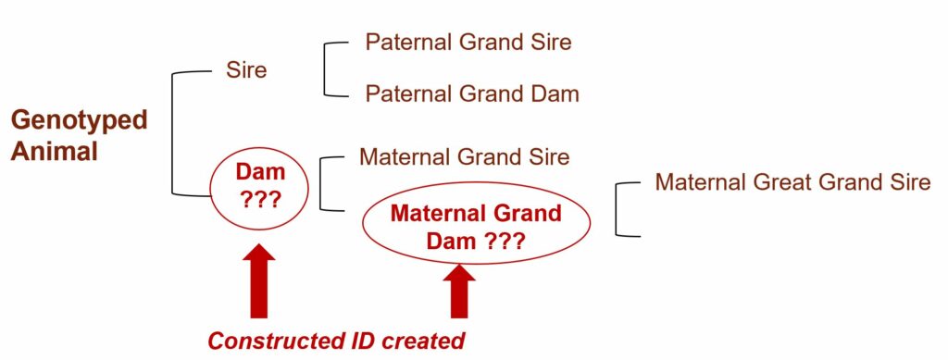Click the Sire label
click(x=246, y=70)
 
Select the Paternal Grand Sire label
click(x=468, y=43)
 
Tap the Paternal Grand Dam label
click(x=471, y=93)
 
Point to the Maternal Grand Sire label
click(x=465, y=157)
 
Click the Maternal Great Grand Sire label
click(x=792, y=181)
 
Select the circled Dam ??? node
click(x=259, y=189)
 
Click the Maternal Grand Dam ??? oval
click(x=477, y=223)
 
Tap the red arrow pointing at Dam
click(x=259, y=280)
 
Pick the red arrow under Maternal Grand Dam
click(x=459, y=292)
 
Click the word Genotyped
click(x=80, y=121)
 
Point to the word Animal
click(x=55, y=151)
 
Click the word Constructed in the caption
click(x=279, y=341)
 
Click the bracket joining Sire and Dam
click(x=173, y=133)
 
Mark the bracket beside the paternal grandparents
click(x=325, y=68)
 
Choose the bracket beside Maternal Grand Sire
click(x=319, y=183)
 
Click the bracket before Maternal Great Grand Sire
click(x=617, y=208)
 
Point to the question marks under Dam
click(x=260, y=200)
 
